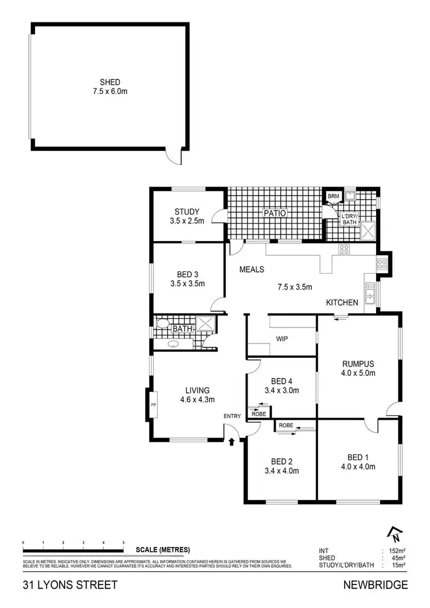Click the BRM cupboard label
(x=333, y=196)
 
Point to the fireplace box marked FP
(x=153, y=405)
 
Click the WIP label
(x=282, y=338)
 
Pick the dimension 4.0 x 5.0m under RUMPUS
(x=358, y=373)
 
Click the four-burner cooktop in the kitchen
(x=345, y=248)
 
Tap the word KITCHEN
(x=342, y=302)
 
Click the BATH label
(x=183, y=329)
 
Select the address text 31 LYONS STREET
(x=70, y=585)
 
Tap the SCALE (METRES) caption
(x=163, y=549)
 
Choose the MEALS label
(x=251, y=269)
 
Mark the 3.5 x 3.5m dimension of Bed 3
(x=187, y=283)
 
